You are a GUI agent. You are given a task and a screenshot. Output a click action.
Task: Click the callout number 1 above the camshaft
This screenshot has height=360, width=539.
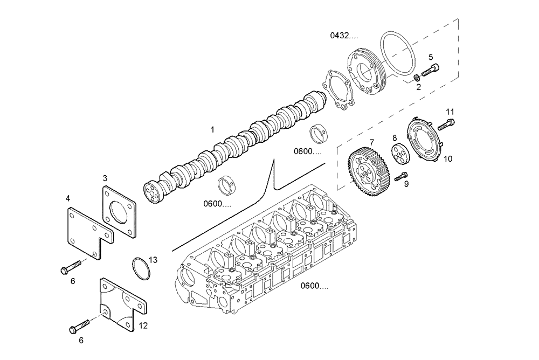[x=212, y=129]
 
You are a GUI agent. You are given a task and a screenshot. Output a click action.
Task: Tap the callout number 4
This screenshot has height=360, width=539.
[x=68, y=198]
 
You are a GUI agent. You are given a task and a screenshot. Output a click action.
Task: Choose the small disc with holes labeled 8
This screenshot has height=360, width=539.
[x=399, y=153]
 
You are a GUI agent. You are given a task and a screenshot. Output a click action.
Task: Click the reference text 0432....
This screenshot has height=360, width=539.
[x=344, y=36]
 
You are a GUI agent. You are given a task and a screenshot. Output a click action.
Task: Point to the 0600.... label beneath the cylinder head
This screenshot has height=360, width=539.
[x=315, y=286]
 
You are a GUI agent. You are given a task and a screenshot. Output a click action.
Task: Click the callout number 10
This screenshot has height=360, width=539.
[x=448, y=159]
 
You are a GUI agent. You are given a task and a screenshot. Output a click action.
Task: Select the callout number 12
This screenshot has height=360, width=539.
[x=143, y=325]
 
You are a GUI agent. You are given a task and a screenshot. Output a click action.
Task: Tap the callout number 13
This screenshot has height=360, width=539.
[x=153, y=260]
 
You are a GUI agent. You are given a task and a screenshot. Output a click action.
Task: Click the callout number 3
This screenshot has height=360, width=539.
[x=105, y=177]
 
